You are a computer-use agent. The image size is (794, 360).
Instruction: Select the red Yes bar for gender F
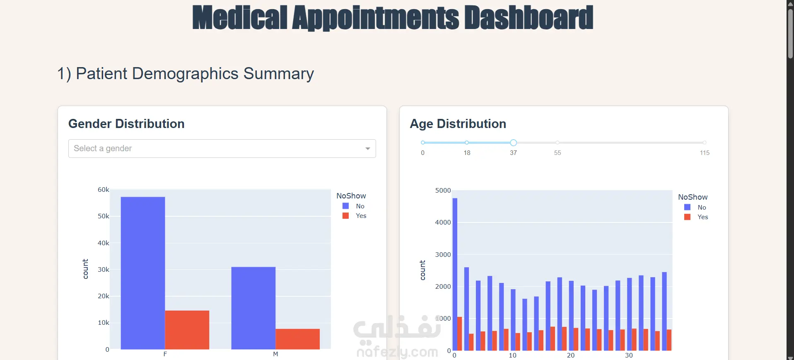(187, 330)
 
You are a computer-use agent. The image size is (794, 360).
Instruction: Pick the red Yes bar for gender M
(297, 339)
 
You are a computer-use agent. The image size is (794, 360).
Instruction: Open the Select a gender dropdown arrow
(367, 149)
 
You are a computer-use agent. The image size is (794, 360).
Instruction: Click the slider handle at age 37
(513, 143)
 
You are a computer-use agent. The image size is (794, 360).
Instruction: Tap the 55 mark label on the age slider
(557, 153)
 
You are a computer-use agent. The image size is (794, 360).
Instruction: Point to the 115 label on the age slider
(705, 153)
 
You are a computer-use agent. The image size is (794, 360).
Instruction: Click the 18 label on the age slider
(467, 153)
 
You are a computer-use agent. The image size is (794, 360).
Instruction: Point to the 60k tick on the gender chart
(103, 190)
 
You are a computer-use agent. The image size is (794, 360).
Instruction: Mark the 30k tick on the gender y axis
(103, 270)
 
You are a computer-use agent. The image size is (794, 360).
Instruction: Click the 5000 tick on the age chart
(443, 191)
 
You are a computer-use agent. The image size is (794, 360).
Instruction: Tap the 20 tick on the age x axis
(571, 355)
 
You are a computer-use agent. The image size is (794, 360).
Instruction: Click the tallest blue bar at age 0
(455, 273)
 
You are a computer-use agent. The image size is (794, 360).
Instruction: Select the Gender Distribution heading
(126, 124)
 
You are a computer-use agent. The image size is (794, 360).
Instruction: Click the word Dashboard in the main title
(529, 18)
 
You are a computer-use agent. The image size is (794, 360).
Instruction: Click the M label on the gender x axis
(275, 354)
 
